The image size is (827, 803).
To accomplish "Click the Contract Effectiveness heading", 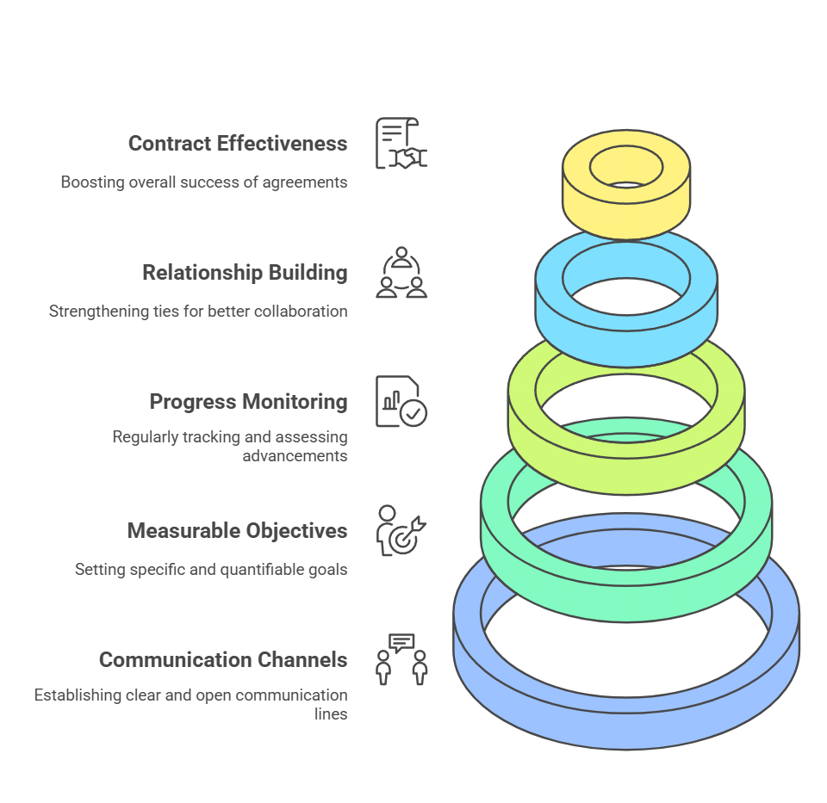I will click(x=238, y=144).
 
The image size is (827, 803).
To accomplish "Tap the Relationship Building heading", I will click(x=245, y=273).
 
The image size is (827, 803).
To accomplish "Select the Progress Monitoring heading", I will click(x=248, y=402).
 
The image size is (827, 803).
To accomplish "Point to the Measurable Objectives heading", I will click(x=237, y=531).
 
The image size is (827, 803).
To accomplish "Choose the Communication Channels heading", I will click(x=223, y=660).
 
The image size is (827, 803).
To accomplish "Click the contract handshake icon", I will click(x=401, y=143).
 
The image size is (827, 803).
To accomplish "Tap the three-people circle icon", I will click(x=401, y=272).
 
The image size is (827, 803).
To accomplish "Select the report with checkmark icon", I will click(x=401, y=401).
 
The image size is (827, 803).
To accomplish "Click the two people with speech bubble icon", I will click(x=401, y=659).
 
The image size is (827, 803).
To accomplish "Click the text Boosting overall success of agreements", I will click(x=204, y=182).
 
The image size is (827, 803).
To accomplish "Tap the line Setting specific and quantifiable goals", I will click(x=211, y=570).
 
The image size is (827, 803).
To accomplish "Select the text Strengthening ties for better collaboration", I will click(x=198, y=312).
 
